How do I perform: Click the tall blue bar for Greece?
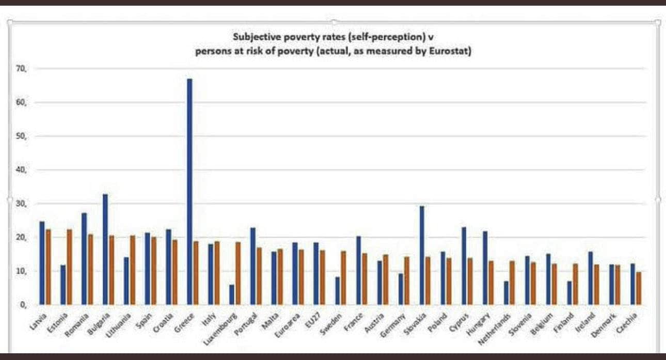[x=189, y=191]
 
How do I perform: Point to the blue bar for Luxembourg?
[x=232, y=295]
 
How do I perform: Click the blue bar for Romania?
[x=84, y=259]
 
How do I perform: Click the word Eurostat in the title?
[x=450, y=52]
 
